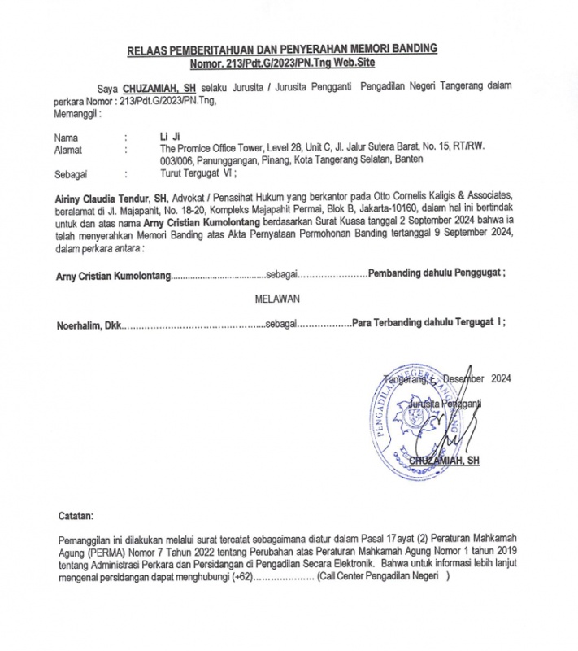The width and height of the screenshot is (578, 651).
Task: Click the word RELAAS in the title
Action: pyautogui.click(x=148, y=50)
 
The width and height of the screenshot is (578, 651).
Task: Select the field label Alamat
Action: pyautogui.click(x=69, y=148)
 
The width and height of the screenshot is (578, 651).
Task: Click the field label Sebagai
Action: pyautogui.click(x=71, y=173)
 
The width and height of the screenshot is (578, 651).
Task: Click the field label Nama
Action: pyautogui.click(x=67, y=136)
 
